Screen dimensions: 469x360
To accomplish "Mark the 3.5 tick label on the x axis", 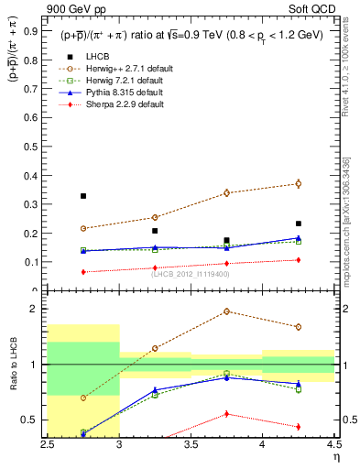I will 190,444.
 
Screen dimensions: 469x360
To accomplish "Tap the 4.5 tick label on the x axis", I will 333,444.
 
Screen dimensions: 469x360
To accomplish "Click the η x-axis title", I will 336,457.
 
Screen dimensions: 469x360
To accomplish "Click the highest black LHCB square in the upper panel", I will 83,196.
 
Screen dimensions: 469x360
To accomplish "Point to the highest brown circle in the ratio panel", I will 227,311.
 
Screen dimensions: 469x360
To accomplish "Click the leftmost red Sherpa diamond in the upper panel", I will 83,272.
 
